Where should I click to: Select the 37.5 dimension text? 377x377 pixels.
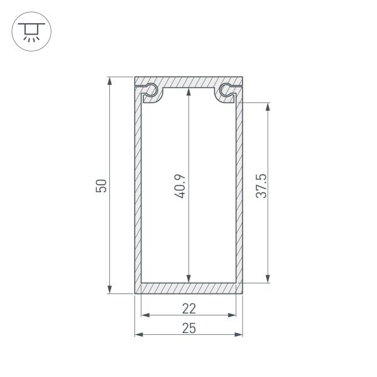262,186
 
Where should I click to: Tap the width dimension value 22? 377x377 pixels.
189,308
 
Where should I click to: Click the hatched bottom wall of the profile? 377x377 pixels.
189,288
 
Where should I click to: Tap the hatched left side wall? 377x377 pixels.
138,188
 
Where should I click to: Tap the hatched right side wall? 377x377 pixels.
240,188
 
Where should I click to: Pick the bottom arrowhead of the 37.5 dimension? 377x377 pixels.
268,278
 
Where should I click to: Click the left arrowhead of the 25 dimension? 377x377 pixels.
139,334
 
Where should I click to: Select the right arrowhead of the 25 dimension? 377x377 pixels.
239,334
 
